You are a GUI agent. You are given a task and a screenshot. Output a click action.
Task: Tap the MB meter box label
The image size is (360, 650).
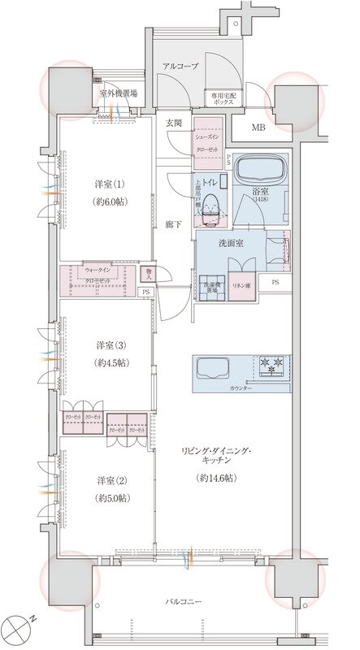point(258,127)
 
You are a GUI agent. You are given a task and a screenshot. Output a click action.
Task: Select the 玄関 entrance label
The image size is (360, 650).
point(173,123)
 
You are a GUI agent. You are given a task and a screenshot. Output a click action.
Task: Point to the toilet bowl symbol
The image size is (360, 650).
point(210,206)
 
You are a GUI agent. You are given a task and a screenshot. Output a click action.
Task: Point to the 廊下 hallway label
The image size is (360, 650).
point(173,223)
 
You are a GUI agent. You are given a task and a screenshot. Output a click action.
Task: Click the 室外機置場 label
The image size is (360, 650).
point(119,94)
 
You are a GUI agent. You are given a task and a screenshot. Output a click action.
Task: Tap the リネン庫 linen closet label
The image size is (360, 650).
point(241,286)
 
